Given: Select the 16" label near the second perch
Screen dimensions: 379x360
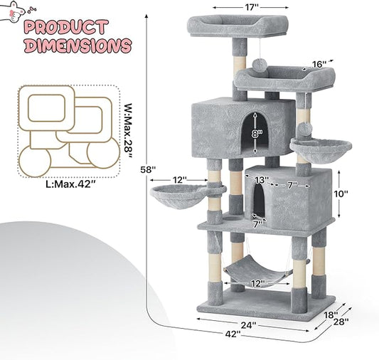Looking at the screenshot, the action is click(x=319, y=64).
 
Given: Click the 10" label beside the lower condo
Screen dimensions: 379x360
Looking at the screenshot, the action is click(x=341, y=194).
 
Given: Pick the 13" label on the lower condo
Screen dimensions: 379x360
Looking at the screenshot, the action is click(x=262, y=180).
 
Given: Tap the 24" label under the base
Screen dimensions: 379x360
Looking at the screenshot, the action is click(x=248, y=325).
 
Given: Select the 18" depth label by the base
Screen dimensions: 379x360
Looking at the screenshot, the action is click(x=331, y=314).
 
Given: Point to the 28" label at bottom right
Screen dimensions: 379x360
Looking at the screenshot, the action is click(x=341, y=322).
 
